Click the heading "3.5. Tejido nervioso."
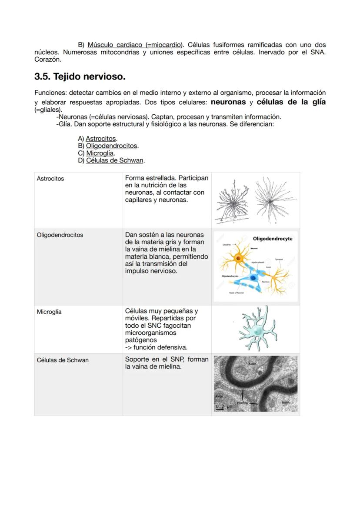(x=80, y=77)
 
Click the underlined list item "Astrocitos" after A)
(x=101, y=139)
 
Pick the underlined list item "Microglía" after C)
(x=100, y=153)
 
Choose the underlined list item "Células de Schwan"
(x=115, y=160)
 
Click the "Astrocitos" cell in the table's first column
(x=50, y=179)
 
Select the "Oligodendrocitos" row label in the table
(x=60, y=235)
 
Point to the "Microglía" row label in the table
(x=49, y=312)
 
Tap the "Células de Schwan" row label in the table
(x=63, y=360)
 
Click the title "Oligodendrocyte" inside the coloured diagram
(x=273, y=239)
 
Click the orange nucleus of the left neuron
(x=238, y=259)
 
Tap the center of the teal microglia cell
(x=258, y=331)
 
